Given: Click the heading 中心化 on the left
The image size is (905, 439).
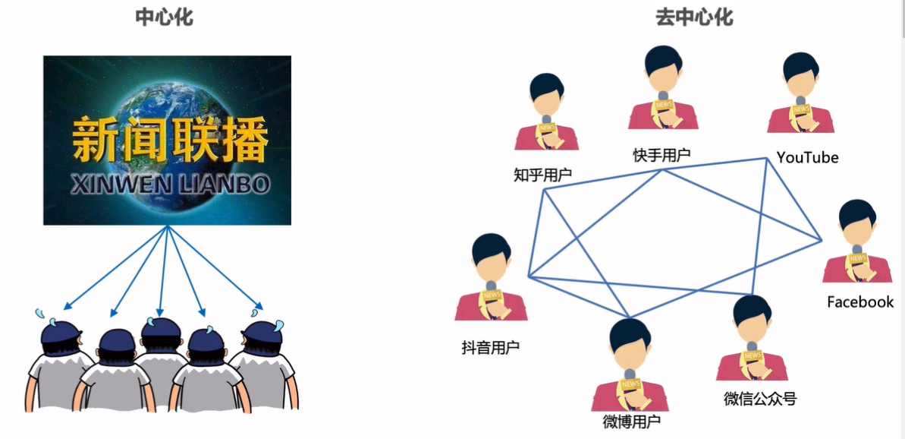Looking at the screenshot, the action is (x=164, y=17).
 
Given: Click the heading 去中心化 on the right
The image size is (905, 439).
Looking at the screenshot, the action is (x=694, y=17).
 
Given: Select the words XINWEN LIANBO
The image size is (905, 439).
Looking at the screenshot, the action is (x=169, y=185).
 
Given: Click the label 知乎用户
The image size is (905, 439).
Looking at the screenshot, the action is (x=542, y=175).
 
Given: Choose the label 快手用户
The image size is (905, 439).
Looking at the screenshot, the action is (x=662, y=155).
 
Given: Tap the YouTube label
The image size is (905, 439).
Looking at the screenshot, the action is (x=807, y=157).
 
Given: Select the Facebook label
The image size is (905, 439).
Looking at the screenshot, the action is (x=860, y=302).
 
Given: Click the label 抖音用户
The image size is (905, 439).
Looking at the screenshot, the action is (x=491, y=347).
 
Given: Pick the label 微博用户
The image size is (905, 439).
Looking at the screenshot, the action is (x=631, y=422).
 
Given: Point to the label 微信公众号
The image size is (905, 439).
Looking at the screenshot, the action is (x=760, y=398).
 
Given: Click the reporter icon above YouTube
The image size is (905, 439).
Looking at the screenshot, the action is (x=800, y=95).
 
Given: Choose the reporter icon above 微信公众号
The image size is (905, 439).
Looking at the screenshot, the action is (x=752, y=339).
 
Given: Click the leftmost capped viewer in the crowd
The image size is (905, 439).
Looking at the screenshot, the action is (x=56, y=365).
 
